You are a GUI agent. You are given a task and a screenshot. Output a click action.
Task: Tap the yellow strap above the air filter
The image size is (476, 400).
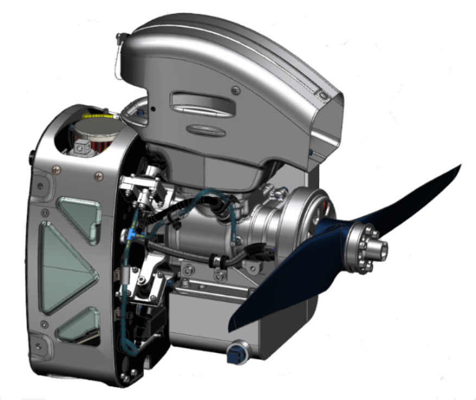pyautogui.click(x=96, y=117)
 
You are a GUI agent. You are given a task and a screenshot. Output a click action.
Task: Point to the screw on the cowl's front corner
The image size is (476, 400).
pyautogui.click(x=323, y=96)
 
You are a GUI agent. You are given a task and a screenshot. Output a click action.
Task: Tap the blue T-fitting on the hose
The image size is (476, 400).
pyautogui.click(x=134, y=233)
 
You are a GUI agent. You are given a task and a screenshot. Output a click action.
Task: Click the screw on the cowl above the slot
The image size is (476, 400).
pyautogui.click(x=235, y=88)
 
